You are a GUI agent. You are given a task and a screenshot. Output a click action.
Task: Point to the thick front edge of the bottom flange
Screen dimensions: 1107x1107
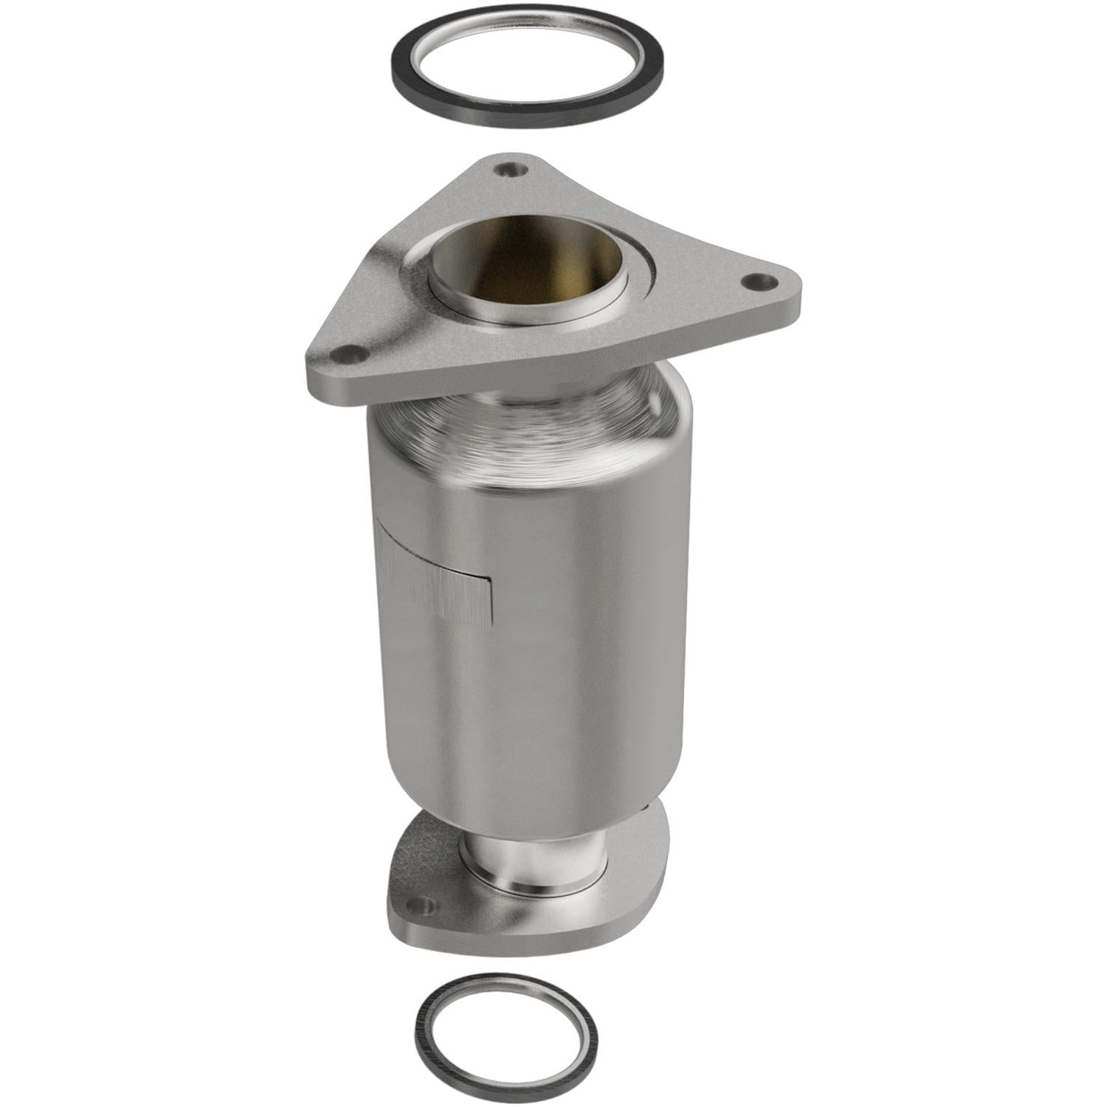tap(531, 930)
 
